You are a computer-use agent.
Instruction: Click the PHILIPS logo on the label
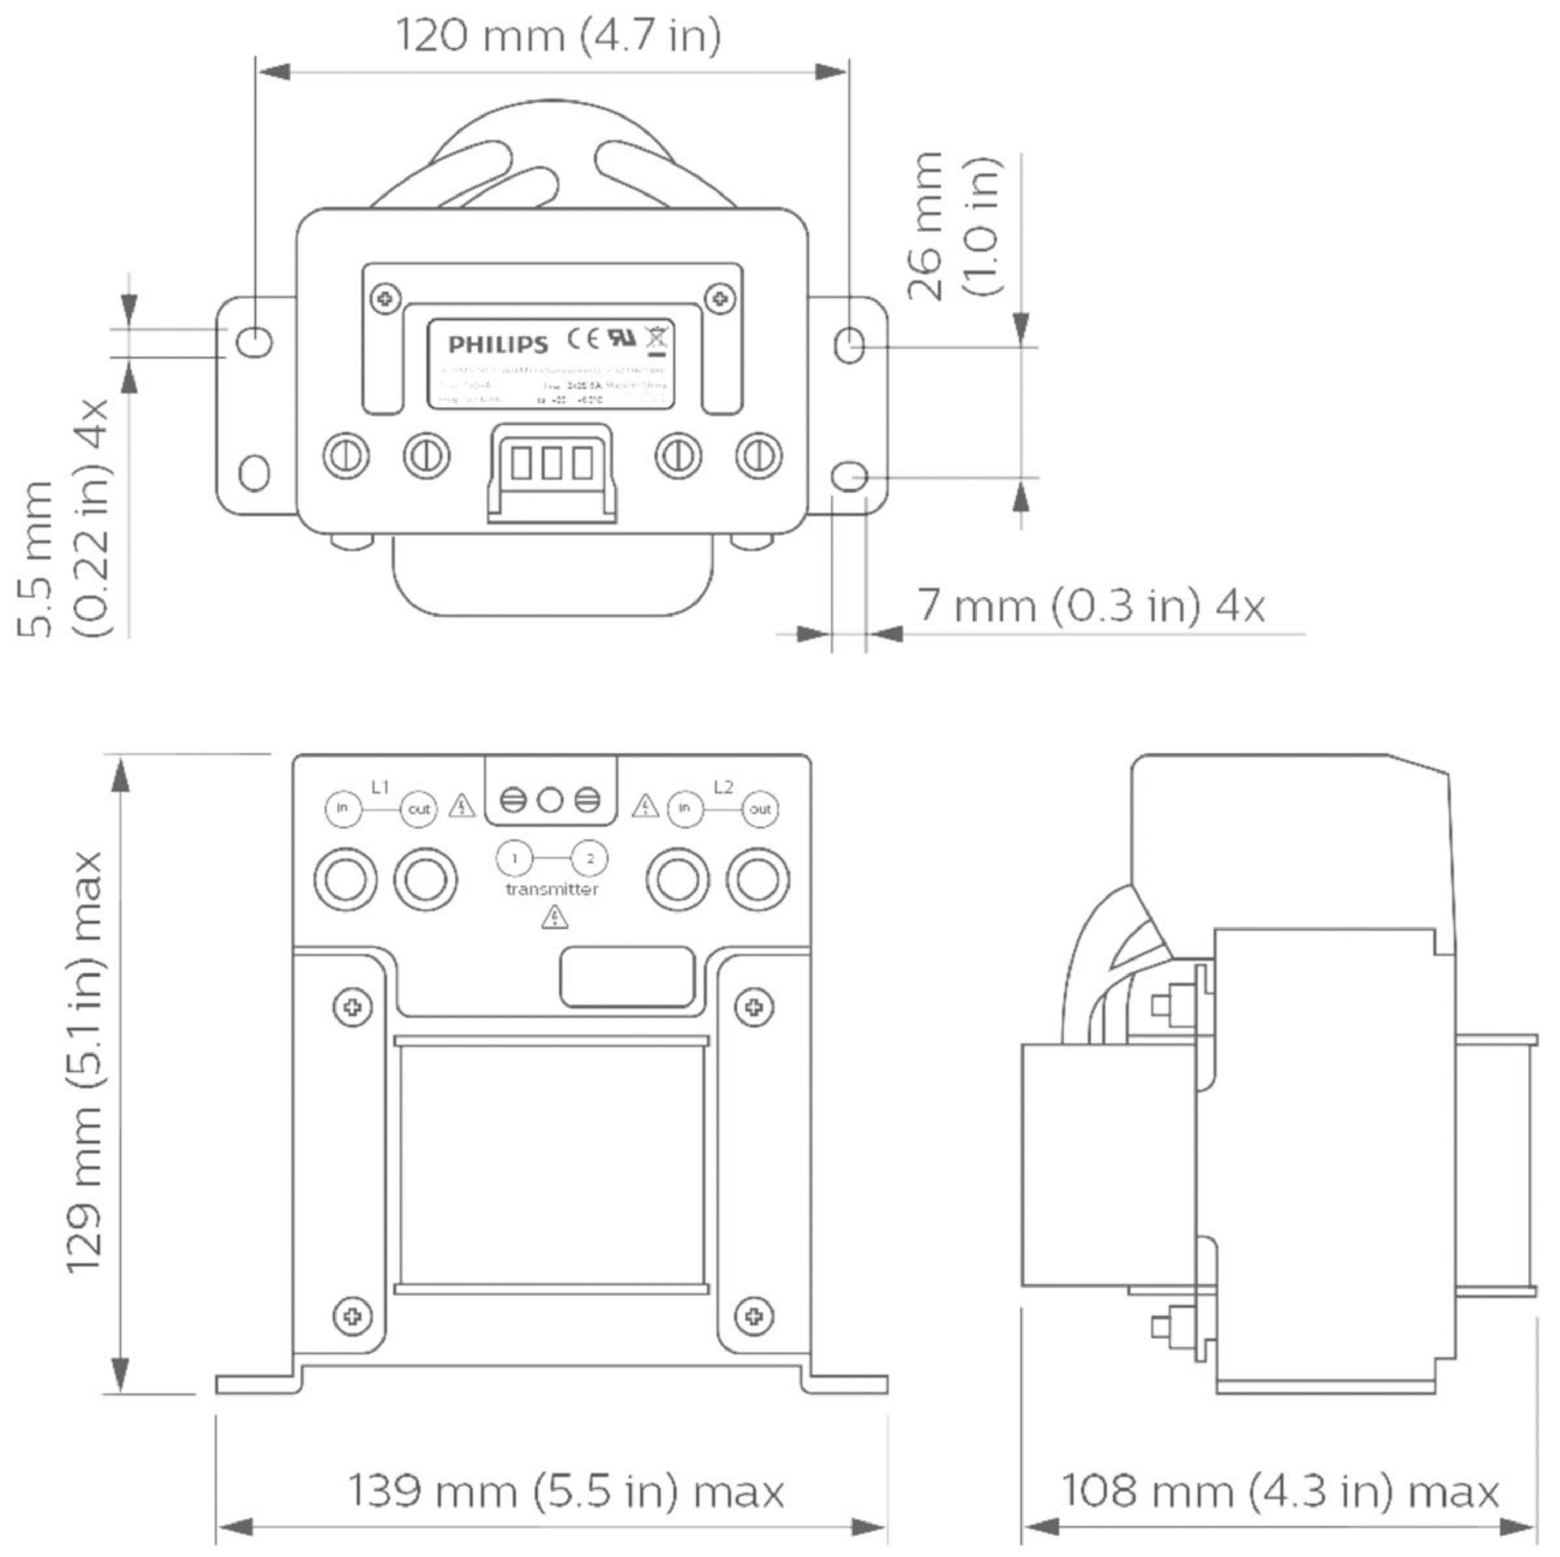pos(498,345)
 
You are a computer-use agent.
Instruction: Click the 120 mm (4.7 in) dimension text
pos(558,37)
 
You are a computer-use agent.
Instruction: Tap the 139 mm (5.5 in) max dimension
pos(566,1491)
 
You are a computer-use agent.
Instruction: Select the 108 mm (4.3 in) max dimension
pos(1279,1491)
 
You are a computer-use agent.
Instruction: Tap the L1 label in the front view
pos(380,786)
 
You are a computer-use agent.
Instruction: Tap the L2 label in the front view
pos(723,786)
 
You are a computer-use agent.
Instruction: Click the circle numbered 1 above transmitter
pos(514,858)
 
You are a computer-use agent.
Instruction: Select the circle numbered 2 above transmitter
pos(590,858)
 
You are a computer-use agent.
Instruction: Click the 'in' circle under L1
pos(343,808)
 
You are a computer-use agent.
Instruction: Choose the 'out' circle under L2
pos(760,808)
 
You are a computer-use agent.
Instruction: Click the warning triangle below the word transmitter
pos(554,917)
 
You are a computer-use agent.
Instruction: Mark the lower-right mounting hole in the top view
pos(850,477)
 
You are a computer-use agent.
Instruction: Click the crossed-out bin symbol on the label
pos(657,339)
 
